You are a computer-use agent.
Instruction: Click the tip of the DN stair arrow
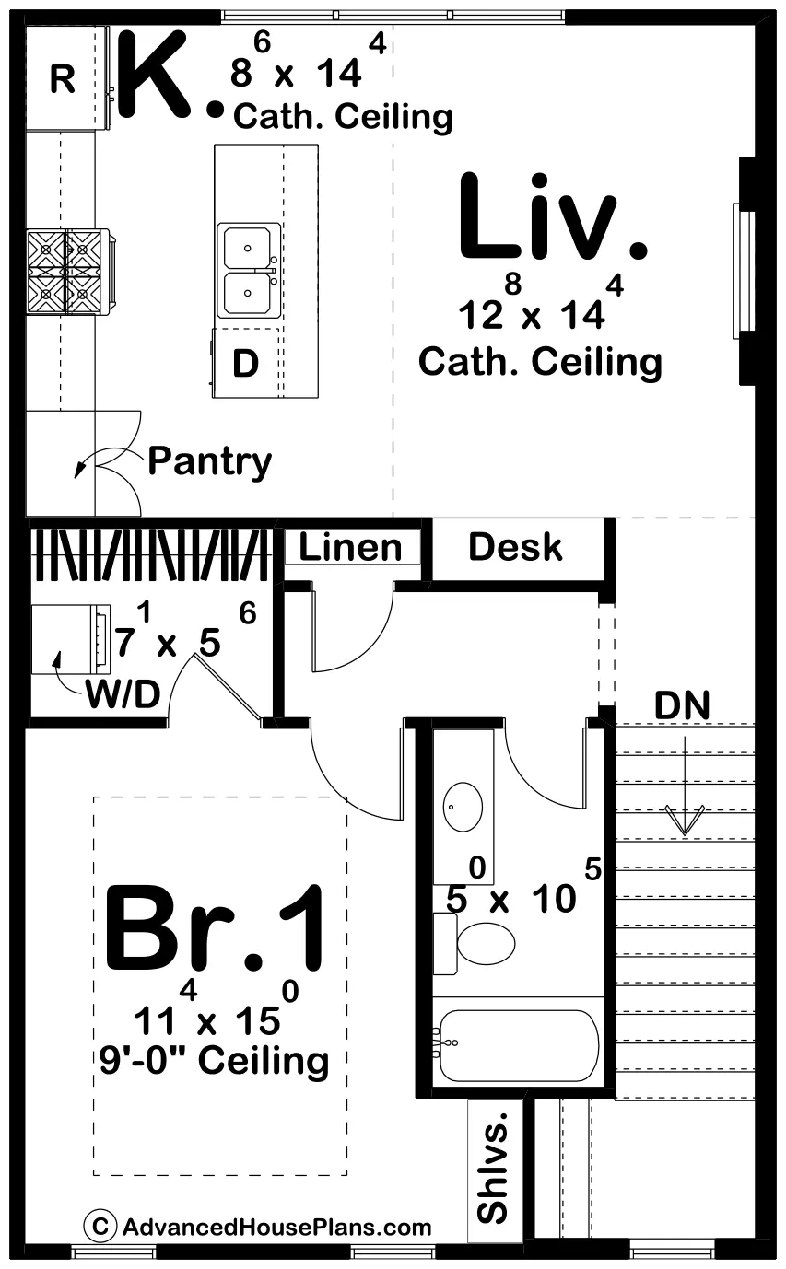click(x=685, y=834)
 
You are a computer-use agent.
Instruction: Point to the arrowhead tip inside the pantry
click(x=76, y=477)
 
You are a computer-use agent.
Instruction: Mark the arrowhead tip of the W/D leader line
click(x=56, y=652)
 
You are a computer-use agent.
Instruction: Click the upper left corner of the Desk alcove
click(x=433, y=519)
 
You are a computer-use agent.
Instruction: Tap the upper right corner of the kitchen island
click(x=318, y=145)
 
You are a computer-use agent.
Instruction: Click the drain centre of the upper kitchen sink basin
click(x=247, y=248)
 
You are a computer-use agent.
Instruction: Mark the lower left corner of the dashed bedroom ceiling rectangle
click(x=93, y=1174)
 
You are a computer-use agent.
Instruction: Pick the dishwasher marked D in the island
click(x=246, y=363)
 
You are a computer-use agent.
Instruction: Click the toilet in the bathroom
click(x=474, y=943)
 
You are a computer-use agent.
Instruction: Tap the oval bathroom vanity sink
click(x=463, y=807)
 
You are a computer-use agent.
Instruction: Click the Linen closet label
click(x=350, y=547)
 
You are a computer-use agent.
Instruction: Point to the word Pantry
click(x=210, y=462)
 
